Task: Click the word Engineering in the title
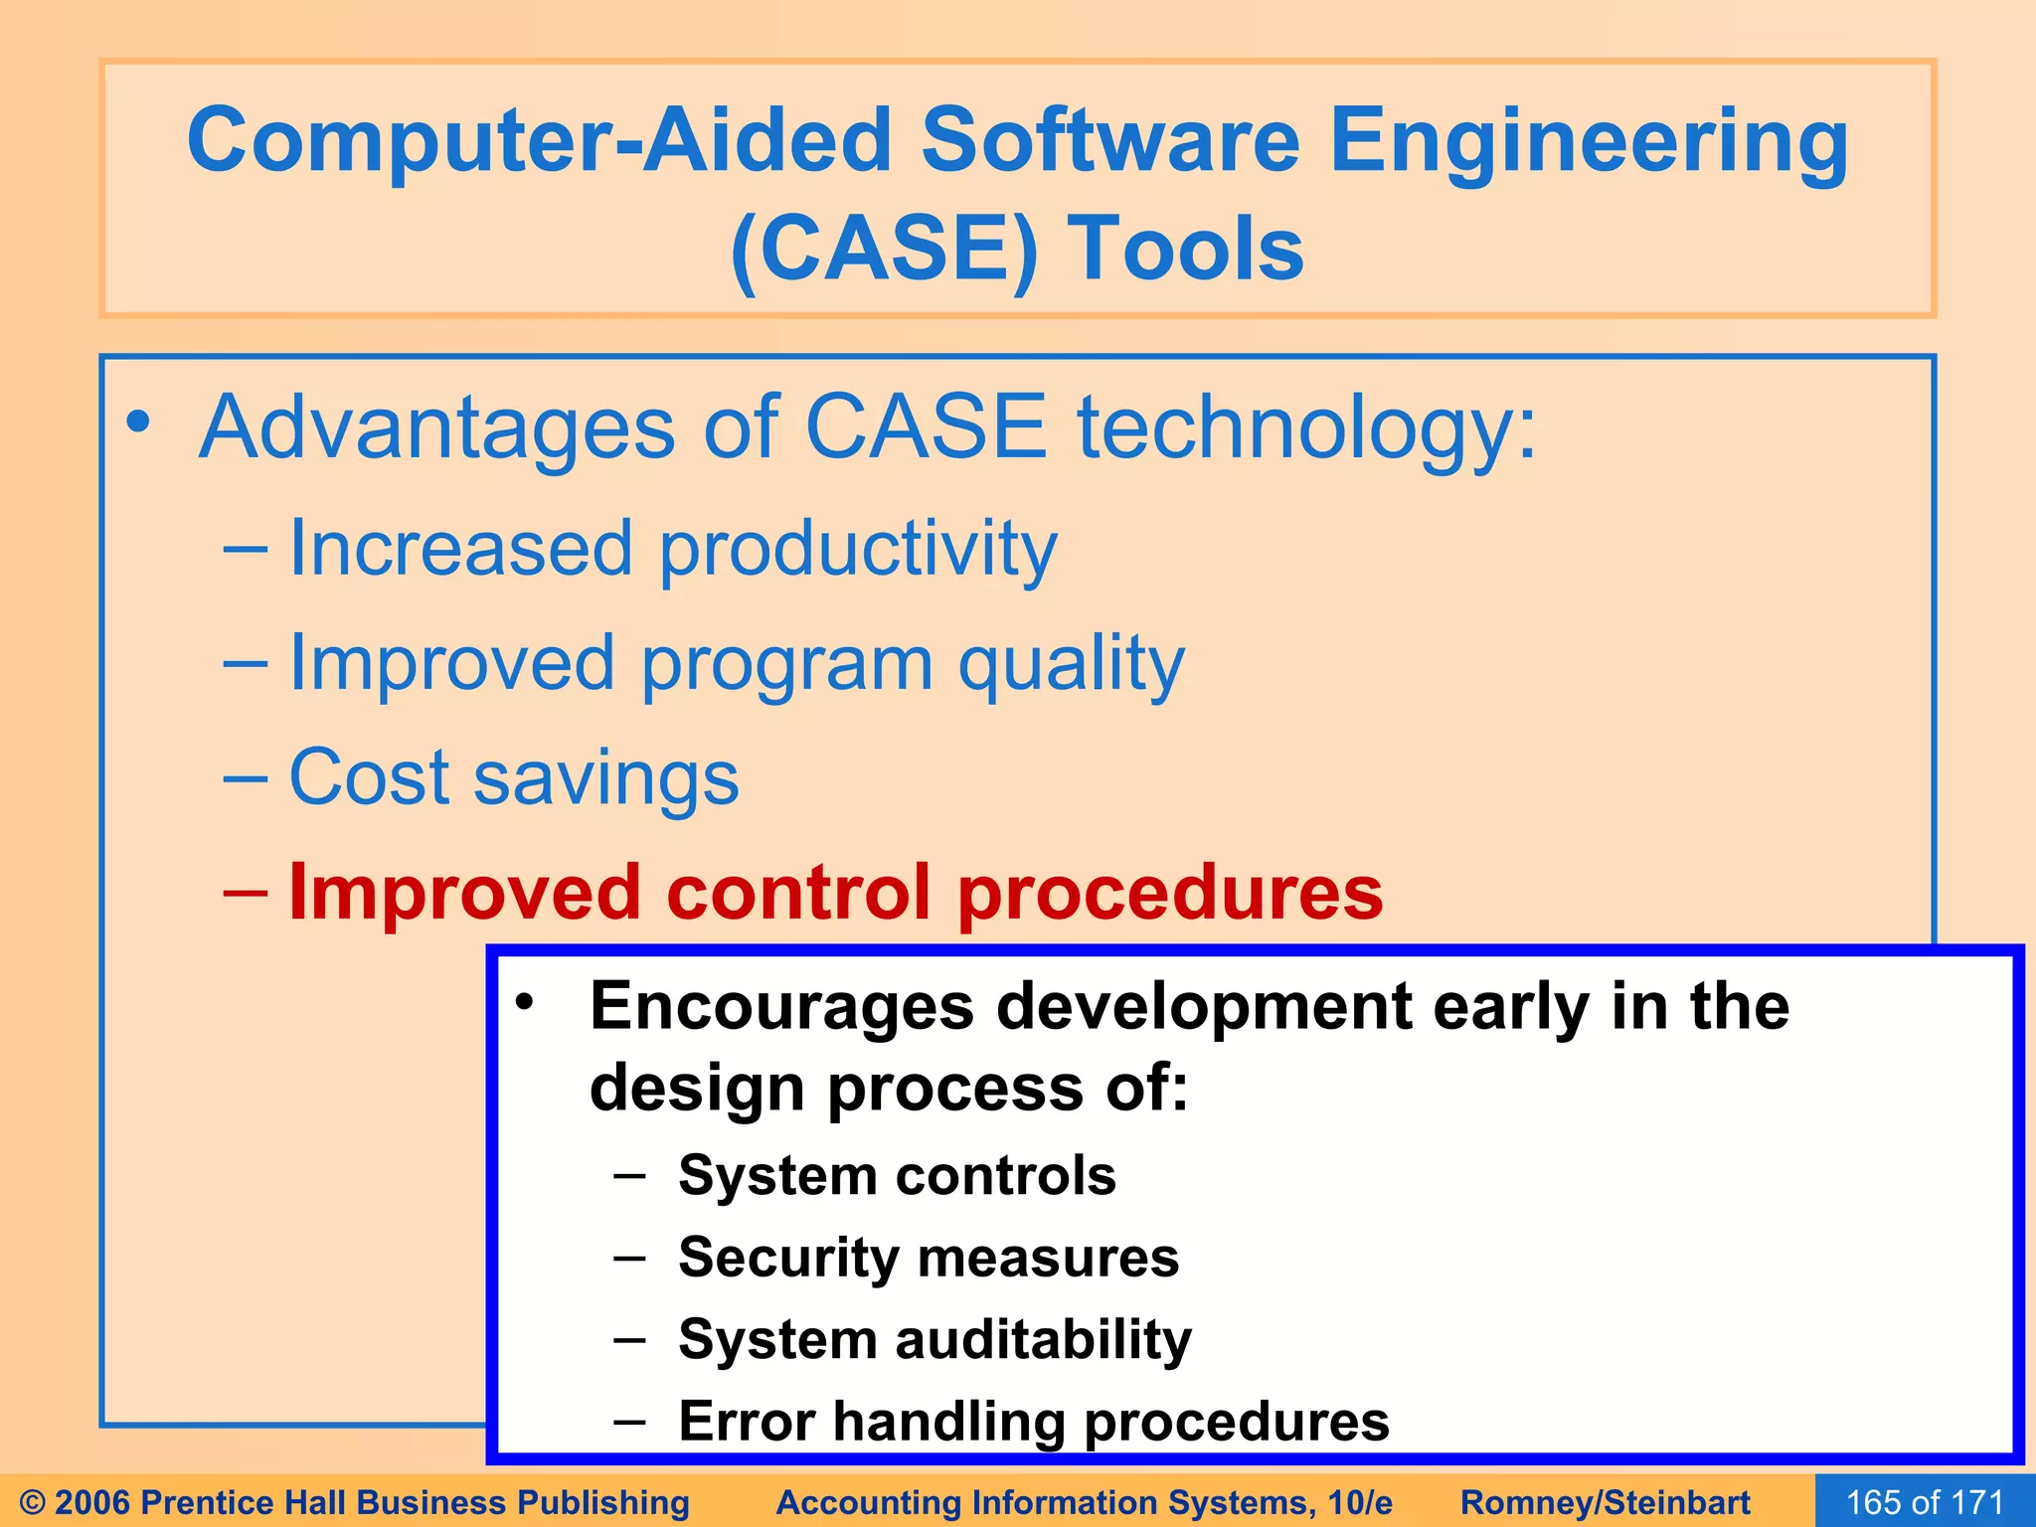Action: pos(1588,142)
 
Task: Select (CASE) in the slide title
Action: pos(883,251)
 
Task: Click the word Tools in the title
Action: pos(1185,249)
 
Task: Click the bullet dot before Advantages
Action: pos(138,423)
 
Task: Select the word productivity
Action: pos(858,550)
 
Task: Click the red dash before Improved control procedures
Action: pos(245,891)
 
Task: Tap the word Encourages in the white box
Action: pos(781,1007)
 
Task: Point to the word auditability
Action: pos(1043,1340)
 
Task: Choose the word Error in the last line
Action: pos(746,1421)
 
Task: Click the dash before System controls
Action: pos(629,1176)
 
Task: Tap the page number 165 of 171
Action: pos(1925,1502)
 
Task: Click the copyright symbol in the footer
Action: pos(32,1502)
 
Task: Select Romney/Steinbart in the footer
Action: pos(1605,1502)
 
